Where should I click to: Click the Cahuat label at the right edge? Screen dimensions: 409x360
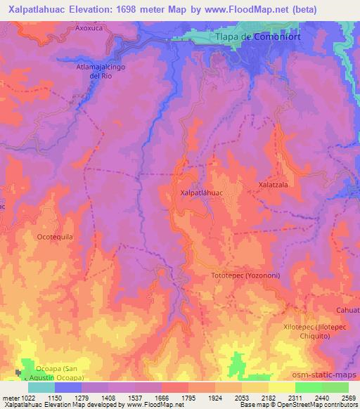click(x=348, y=310)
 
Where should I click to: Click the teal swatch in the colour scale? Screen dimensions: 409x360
click(x=41, y=387)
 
